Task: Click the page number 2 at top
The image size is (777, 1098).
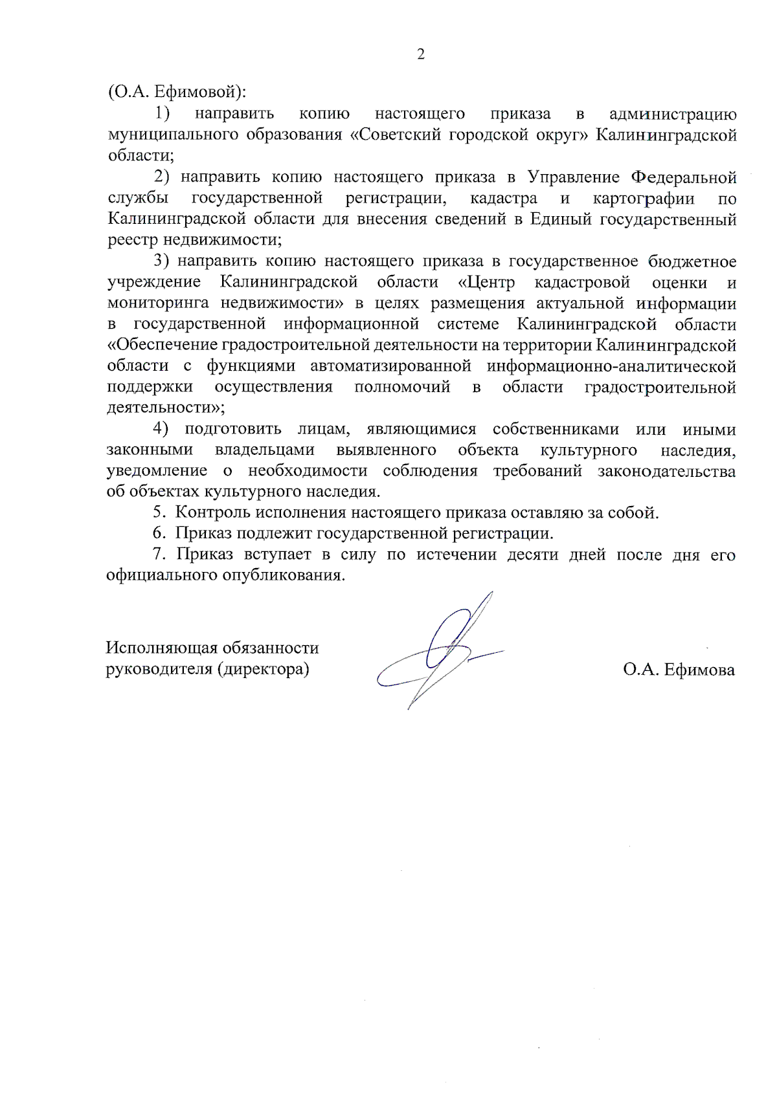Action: (x=421, y=54)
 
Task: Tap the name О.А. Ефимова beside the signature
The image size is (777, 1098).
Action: (x=679, y=670)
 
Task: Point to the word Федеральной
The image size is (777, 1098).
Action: (x=684, y=177)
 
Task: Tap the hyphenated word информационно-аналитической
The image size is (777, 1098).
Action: (x=611, y=366)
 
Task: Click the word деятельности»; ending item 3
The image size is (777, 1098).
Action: (x=166, y=408)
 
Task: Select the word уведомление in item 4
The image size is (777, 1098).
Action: (x=157, y=471)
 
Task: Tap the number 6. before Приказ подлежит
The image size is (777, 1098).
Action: (x=159, y=534)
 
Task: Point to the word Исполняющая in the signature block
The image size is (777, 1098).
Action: (x=161, y=648)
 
